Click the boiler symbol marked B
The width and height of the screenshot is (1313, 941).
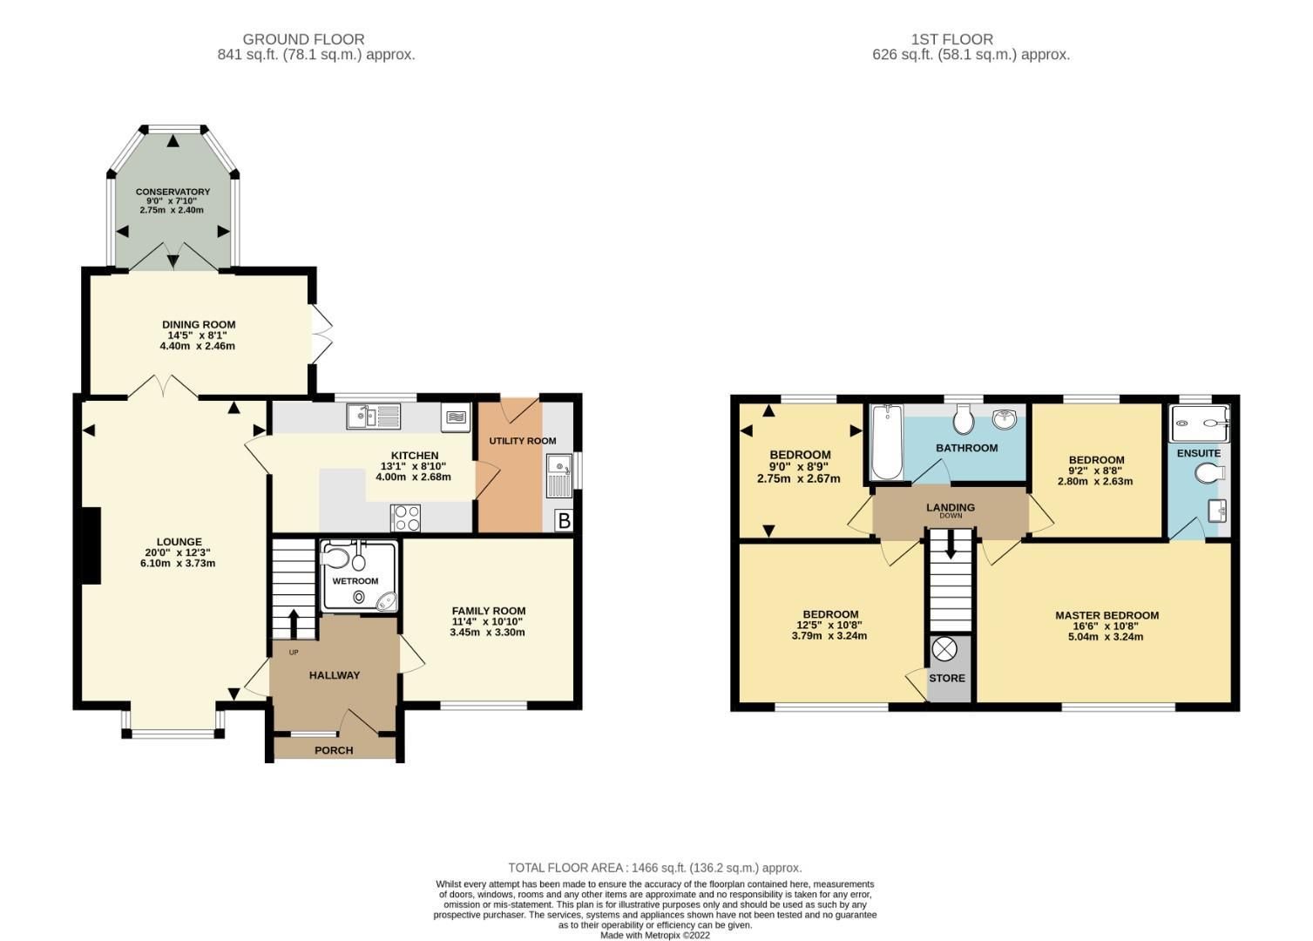coord(564,521)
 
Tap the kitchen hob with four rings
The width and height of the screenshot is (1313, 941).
coord(406,518)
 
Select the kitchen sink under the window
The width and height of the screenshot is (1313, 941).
coord(373,416)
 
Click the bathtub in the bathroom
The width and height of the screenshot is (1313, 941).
coord(887,442)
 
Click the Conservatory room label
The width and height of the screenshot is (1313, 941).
coord(173,192)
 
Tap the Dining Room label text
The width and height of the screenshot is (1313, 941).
coord(198,325)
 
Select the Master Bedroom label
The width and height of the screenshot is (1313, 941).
coord(1107,615)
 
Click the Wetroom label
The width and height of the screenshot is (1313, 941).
coord(355,581)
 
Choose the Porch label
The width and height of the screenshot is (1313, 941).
coord(334,750)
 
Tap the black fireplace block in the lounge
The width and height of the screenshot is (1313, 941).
coord(91,545)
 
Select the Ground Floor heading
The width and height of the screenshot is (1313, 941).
coord(303,39)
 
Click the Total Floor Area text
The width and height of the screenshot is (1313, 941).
coord(655,868)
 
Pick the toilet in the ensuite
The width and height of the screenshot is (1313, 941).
coord(1210,473)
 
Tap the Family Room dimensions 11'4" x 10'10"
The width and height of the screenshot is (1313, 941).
coord(488,621)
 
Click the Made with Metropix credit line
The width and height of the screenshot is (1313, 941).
coord(655,935)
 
